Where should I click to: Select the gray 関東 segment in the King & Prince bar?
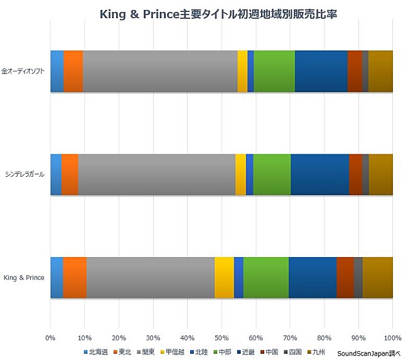[x=151, y=277]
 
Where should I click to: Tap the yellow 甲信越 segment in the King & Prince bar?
[x=224, y=277]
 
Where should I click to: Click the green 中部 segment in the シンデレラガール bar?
[x=272, y=174]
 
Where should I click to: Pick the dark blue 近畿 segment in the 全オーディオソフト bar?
[x=321, y=71]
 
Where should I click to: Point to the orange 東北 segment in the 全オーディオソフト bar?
[x=73, y=71]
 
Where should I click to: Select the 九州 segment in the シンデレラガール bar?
[x=380, y=174]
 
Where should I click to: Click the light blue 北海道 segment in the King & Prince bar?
[x=56, y=277]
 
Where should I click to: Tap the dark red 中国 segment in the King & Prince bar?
[x=345, y=277]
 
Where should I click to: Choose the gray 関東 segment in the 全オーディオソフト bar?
[x=160, y=71]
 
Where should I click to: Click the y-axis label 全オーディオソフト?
[x=23, y=71]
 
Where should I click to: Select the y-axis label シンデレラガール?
[x=24, y=174]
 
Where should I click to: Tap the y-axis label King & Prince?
[x=24, y=277]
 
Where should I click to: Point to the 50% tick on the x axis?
[x=222, y=337]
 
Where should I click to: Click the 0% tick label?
[x=51, y=337]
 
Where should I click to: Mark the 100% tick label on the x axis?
[x=392, y=337]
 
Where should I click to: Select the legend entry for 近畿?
[x=245, y=352]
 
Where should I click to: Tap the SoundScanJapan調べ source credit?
[x=373, y=353]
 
